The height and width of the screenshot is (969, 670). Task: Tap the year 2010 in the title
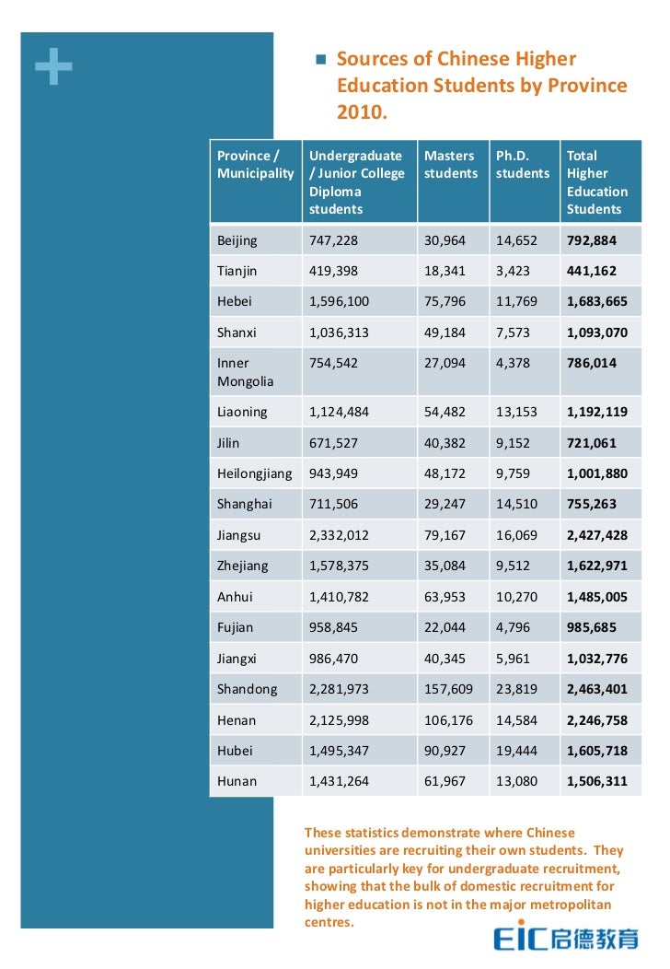(x=362, y=112)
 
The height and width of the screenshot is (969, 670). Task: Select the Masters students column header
(x=450, y=165)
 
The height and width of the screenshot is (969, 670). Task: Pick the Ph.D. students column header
(x=522, y=165)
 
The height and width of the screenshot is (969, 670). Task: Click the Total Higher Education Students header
(x=596, y=182)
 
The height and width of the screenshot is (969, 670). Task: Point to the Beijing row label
(x=237, y=240)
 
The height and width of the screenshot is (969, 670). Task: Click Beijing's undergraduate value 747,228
(x=333, y=240)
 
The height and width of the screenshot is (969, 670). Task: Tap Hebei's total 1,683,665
(x=596, y=301)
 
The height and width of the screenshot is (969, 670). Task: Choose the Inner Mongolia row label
(x=245, y=372)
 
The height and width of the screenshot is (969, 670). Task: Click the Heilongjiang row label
(x=254, y=473)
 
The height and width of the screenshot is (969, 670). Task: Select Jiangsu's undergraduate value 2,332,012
(x=339, y=535)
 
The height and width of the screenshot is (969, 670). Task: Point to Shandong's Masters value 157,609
(x=448, y=689)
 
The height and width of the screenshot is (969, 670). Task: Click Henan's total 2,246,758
(x=596, y=720)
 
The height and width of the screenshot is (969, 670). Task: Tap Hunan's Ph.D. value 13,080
(x=517, y=781)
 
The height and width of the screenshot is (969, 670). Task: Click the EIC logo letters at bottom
(x=522, y=939)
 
